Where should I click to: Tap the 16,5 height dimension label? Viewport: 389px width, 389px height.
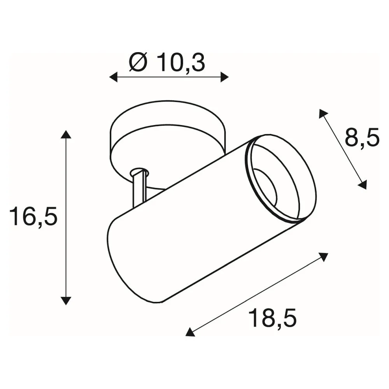(33, 216)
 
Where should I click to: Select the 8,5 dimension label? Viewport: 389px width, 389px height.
(362, 137)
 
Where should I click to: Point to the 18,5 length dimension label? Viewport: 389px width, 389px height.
(272, 318)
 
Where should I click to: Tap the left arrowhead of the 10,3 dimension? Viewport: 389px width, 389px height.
(113, 77)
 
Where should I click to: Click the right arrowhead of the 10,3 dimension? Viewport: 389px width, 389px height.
(224, 77)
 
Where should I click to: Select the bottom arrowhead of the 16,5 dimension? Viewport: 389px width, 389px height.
(66, 300)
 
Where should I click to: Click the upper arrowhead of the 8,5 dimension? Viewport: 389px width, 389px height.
(323, 113)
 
